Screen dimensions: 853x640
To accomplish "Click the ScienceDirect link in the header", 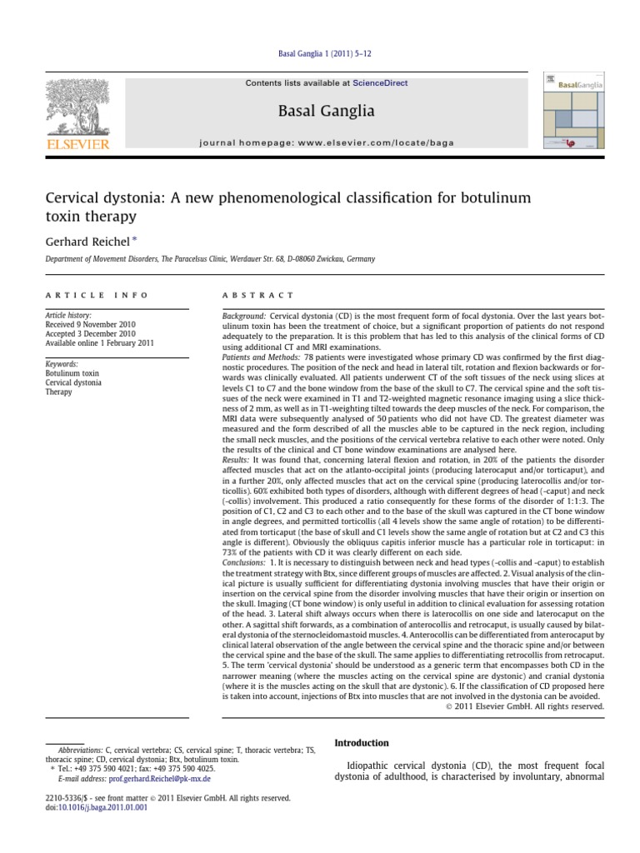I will pos(380,83).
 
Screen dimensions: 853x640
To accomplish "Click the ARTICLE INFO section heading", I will pos(97,295).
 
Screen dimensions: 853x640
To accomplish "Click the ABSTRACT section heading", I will pos(257,295).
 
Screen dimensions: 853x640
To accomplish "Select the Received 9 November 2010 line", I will pos(90,325).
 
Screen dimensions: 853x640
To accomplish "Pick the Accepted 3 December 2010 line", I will pos(89,334).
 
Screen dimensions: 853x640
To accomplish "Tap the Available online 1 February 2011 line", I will pos(99,343).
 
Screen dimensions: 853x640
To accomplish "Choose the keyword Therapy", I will pos(60,392).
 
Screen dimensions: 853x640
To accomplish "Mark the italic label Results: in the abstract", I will pos(236,460).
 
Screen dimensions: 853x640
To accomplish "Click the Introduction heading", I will pos(361,743).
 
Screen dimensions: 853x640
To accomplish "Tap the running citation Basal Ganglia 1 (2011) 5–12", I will pos(324,53).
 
